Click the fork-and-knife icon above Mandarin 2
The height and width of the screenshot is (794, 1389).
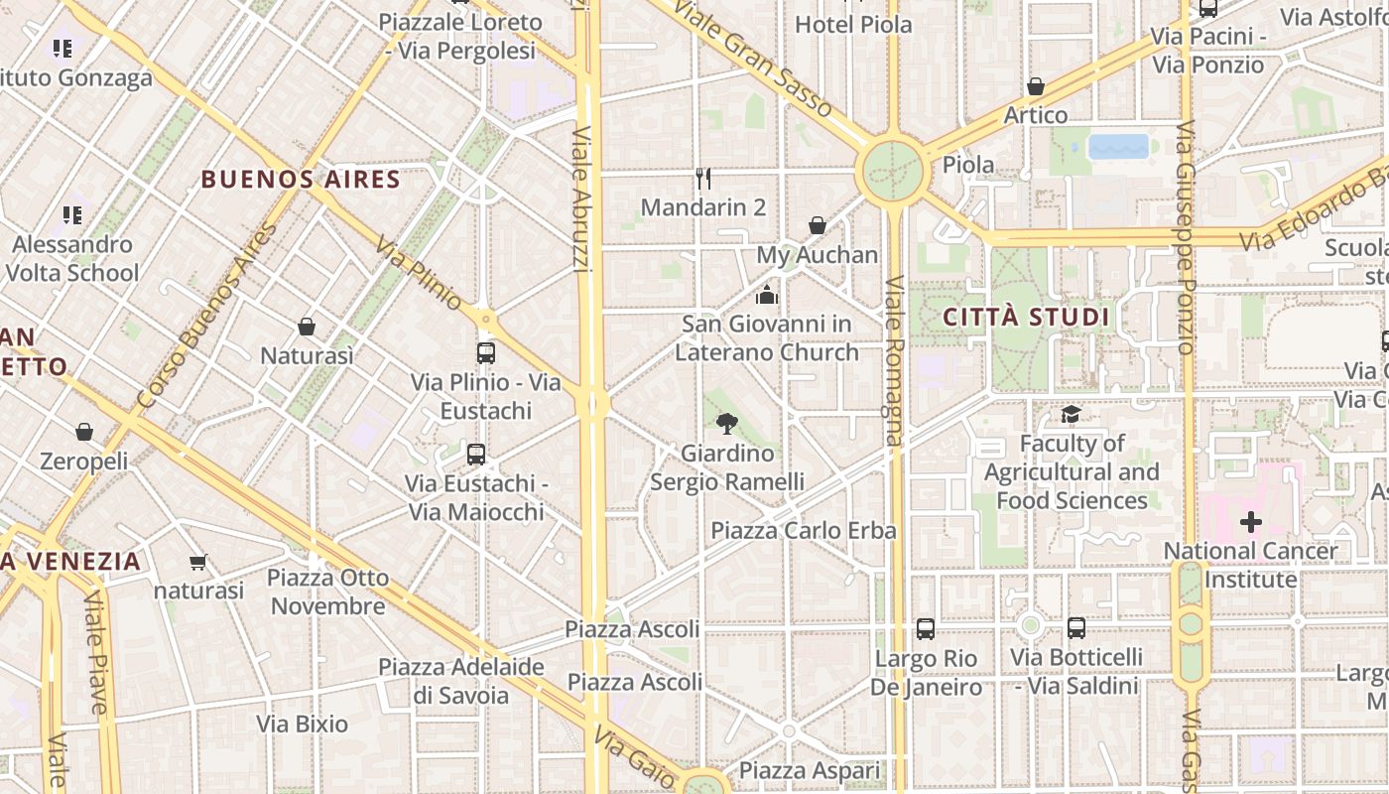pos(703,179)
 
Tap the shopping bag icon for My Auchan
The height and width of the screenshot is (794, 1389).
pos(818,226)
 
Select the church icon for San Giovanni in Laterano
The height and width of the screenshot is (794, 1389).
pos(767,295)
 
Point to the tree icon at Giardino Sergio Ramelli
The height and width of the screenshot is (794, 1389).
pos(727,424)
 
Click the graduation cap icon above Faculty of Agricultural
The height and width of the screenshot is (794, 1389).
pos(1071,415)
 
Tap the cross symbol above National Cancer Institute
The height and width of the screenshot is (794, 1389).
pos(1250,521)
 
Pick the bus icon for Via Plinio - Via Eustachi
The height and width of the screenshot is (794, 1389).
pos(486,352)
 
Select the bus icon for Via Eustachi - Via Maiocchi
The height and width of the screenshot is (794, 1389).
pos(476,455)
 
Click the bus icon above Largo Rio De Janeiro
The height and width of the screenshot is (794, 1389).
pos(925,628)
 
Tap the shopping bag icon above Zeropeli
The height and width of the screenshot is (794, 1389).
pos(84,432)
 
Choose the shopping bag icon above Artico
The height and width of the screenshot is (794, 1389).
pos(1036,86)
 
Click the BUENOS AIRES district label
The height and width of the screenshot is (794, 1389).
pos(301,180)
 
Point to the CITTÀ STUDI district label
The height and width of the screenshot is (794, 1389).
pos(1026,318)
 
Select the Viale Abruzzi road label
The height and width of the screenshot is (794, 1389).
pos(582,198)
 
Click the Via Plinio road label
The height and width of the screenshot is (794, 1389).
pos(419,272)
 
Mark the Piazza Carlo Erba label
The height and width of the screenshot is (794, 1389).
pos(803,530)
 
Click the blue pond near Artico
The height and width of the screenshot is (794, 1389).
pos(1118,147)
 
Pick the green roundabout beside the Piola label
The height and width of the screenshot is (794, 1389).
pos(892,171)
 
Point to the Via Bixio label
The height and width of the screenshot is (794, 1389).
pos(303,724)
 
